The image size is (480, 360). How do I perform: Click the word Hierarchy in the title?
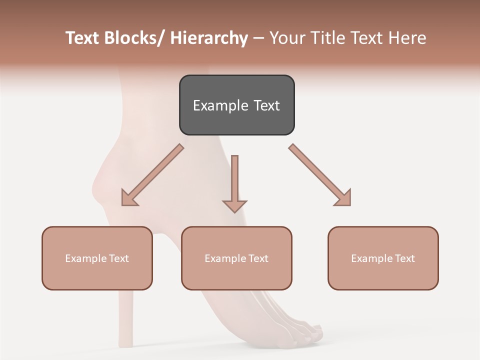pos(209,38)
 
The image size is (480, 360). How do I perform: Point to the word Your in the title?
pos(287,38)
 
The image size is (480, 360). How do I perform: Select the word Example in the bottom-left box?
pos(85,258)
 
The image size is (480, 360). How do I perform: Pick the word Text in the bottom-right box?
pos(404,258)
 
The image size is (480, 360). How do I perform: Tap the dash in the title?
pos(258,38)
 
